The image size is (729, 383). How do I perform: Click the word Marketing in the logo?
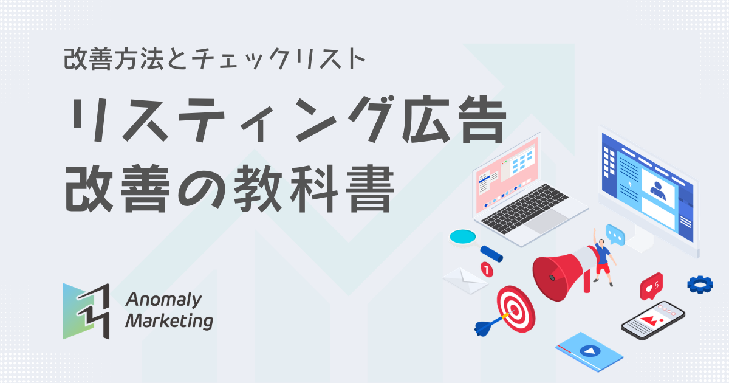pyautogui.click(x=169, y=320)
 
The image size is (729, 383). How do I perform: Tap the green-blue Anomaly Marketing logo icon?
pyautogui.click(x=86, y=311)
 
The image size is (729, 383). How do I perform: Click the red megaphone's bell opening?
pyautogui.click(x=550, y=277)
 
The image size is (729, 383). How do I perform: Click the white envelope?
pyautogui.click(x=465, y=279)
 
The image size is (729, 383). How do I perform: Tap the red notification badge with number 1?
pyautogui.click(x=486, y=267)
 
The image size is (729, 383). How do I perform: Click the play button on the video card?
pyautogui.click(x=588, y=351)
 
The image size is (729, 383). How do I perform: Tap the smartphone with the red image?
pyautogui.click(x=652, y=320)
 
